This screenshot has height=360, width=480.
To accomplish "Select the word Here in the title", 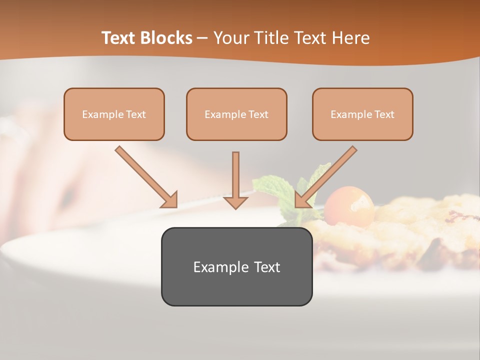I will (350, 38).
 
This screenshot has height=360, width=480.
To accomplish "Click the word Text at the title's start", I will (119, 38).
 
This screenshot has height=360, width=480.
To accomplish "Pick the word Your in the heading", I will (230, 38).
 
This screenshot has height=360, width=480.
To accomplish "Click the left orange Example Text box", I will (114, 114).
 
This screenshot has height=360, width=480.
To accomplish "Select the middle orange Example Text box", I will (236, 114).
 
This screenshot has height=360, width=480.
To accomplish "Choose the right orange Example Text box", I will (362, 114).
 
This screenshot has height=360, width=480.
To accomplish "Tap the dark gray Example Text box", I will (236, 266).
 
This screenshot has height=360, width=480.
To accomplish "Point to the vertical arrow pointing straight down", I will (235, 180).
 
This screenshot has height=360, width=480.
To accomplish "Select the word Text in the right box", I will (384, 114).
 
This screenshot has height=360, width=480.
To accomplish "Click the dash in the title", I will (203, 38).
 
